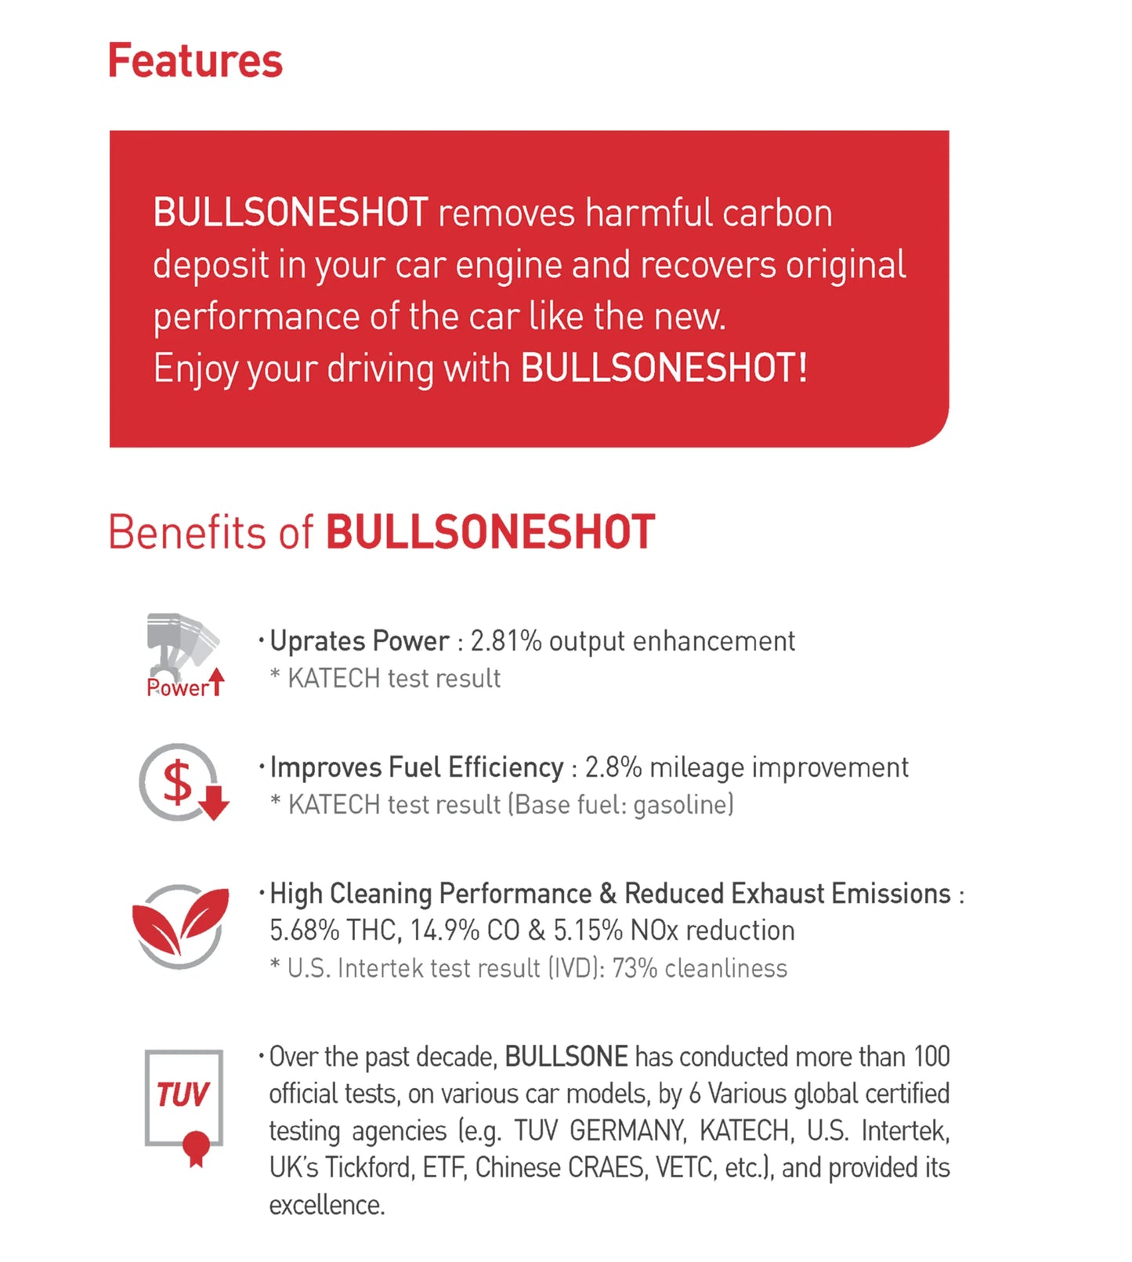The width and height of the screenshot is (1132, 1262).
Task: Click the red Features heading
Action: coord(195,61)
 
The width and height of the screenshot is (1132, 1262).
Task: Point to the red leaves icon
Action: coord(181,926)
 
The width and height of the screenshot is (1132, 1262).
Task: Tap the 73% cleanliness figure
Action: coord(635,969)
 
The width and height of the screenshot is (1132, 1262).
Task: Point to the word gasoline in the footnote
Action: coord(681,805)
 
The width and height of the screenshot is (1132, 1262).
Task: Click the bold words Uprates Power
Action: coord(360,641)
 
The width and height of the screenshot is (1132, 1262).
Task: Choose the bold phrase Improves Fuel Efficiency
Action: coord(417,767)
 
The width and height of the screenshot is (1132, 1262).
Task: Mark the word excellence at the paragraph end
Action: coord(327,1206)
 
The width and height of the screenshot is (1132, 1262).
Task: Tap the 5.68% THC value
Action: coord(304,930)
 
